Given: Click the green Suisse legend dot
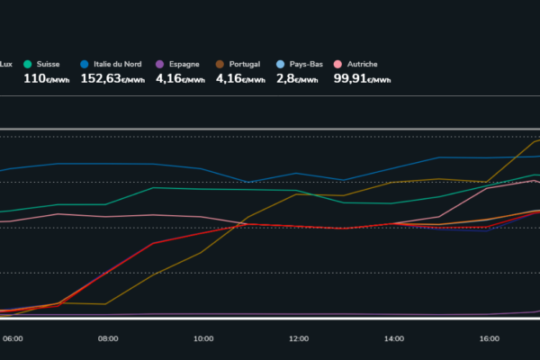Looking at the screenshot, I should click(x=28, y=64).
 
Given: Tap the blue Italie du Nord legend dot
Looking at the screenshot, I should click(x=85, y=64).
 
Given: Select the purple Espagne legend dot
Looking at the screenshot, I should click(x=159, y=64).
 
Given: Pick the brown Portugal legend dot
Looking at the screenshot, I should click(x=220, y=64).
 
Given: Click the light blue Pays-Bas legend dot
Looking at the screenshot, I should click(x=282, y=64).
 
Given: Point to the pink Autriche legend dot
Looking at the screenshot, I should click(x=338, y=64).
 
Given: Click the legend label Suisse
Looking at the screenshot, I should click(x=48, y=64).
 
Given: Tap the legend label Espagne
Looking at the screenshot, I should click(x=184, y=64).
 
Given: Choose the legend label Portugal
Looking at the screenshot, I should click(x=245, y=64).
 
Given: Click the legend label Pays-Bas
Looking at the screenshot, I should click(x=306, y=64).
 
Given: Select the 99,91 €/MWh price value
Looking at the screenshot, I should click(x=362, y=78).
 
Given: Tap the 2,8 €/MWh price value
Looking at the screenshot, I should click(x=297, y=78).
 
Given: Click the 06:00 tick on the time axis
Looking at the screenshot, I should click(x=13, y=339).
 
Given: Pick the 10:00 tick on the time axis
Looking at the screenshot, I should click(x=203, y=339).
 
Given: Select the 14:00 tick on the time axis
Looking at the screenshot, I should click(x=393, y=339).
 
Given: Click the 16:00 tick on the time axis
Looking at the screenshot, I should click(x=489, y=339).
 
